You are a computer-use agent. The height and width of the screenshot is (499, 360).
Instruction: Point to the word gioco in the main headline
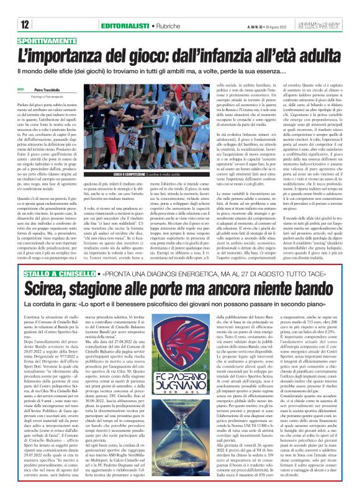click(x=155, y=53)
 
